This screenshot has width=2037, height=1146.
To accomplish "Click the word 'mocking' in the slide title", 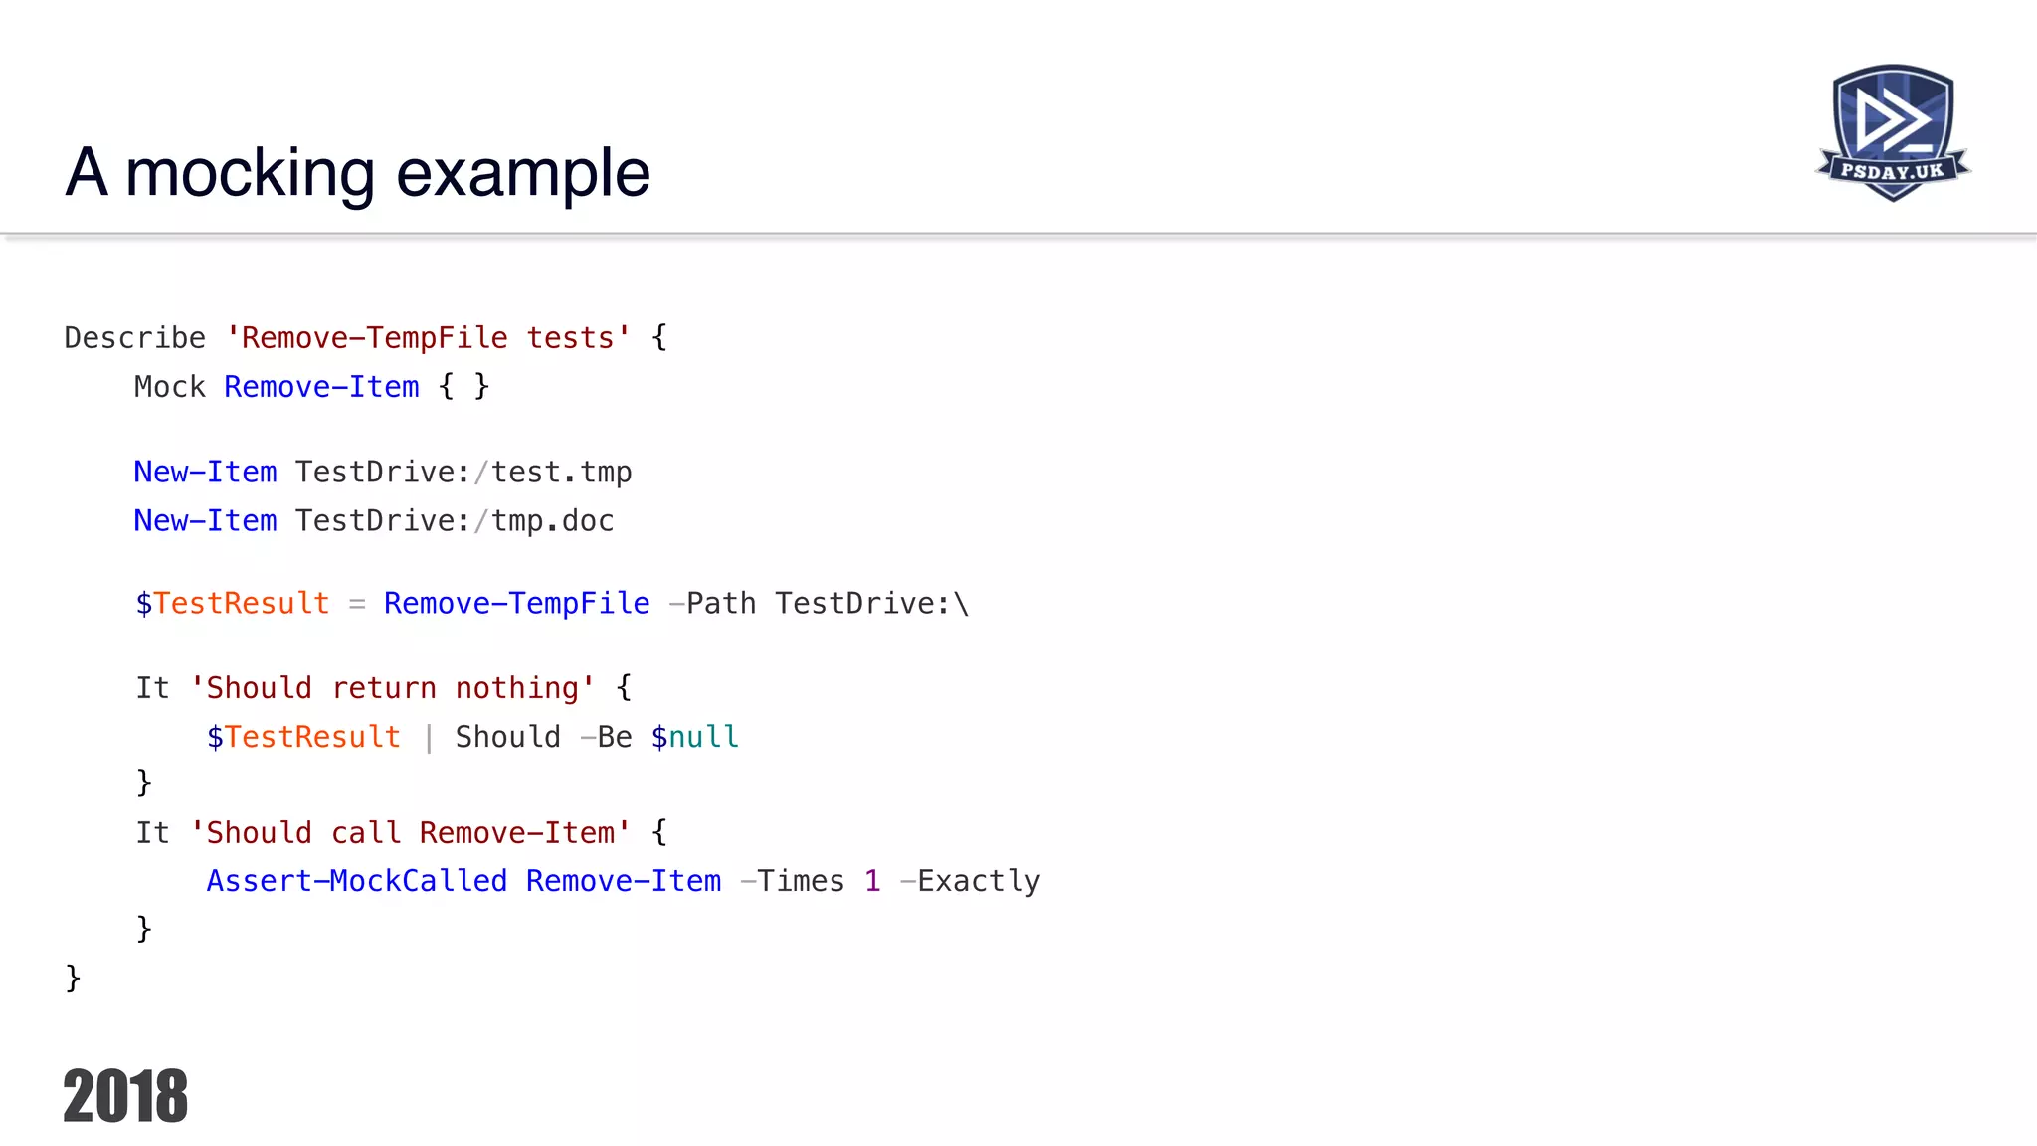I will (x=250, y=173).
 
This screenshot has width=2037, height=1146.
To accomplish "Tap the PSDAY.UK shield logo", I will (x=1893, y=132).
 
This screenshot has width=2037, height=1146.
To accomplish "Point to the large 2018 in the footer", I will (x=125, y=1096).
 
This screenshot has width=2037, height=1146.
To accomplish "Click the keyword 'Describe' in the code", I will (x=134, y=338).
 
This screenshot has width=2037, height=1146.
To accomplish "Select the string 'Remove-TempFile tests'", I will (x=428, y=338).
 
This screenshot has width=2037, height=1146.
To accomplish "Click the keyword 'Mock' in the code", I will (x=169, y=387).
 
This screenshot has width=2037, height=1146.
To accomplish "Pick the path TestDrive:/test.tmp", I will (x=463, y=472).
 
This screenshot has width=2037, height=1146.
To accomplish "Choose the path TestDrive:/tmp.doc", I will (x=455, y=520).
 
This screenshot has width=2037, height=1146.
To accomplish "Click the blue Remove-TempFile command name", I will (x=516, y=603).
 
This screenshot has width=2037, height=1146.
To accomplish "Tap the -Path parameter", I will (x=712, y=603).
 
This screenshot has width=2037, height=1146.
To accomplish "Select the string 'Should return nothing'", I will (x=392, y=687).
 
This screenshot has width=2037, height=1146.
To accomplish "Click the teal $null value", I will (x=694, y=737).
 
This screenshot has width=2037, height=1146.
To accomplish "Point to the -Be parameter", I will (x=606, y=737).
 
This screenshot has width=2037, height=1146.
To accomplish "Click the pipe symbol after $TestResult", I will (x=428, y=737).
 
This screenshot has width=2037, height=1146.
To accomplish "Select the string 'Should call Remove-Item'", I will (x=410, y=832).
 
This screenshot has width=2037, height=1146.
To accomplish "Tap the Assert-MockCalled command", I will (x=356, y=881).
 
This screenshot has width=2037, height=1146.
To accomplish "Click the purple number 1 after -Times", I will (x=872, y=881).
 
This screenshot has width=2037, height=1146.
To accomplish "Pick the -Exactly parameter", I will (x=970, y=881).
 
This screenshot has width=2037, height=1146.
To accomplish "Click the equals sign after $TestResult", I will (x=357, y=603).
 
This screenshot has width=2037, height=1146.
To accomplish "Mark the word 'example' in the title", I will (x=523, y=173).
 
